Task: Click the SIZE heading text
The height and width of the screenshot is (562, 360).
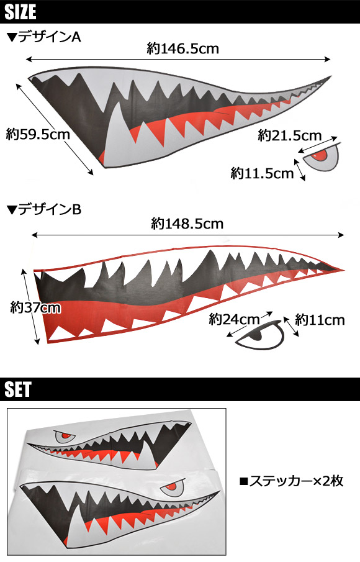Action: coord(20,12)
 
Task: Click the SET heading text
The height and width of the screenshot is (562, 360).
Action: coord(18,389)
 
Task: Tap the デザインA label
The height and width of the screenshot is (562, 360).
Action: coord(44,37)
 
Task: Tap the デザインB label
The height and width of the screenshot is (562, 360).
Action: coord(44,209)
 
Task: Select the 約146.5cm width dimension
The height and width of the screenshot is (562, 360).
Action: coord(182,48)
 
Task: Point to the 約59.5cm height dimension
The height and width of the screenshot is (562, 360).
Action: coord(38,135)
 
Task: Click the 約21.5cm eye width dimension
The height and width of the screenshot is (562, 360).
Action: coord(290,135)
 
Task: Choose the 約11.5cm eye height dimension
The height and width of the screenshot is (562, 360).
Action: coord(262,173)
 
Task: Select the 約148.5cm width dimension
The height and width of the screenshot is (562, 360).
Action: coord(187,224)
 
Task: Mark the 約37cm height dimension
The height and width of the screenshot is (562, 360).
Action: coord(35,307)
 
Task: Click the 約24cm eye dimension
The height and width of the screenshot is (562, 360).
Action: coord(234,319)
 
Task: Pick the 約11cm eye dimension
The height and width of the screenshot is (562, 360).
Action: coord(320,320)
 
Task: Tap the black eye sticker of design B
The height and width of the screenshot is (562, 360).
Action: coord(261,335)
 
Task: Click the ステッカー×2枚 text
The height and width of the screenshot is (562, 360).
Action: coord(291,481)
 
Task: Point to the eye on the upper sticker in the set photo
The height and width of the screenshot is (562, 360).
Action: coord(65,437)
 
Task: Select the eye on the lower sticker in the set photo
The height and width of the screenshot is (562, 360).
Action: coord(173,486)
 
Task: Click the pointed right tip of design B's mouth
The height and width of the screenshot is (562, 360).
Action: coord(344,270)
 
